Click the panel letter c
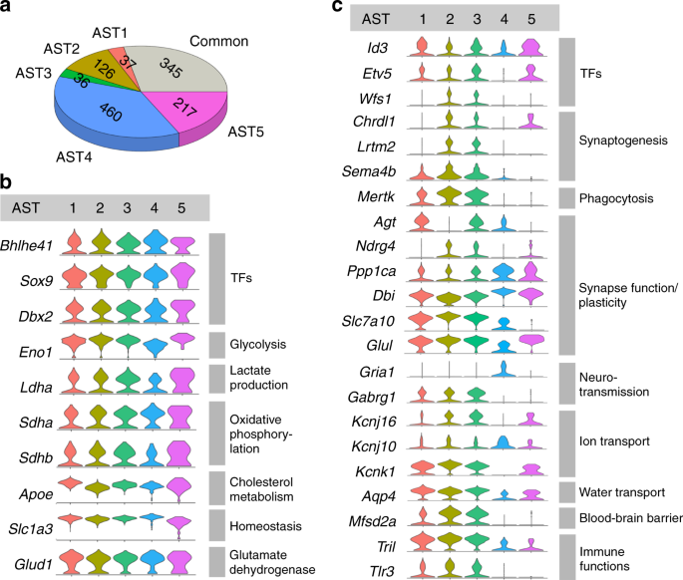338,9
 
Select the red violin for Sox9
74,276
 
